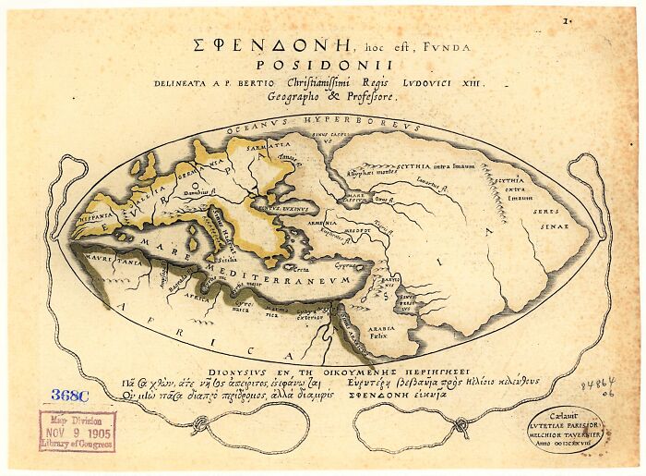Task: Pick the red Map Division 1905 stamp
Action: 77,431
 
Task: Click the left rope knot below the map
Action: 198,426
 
